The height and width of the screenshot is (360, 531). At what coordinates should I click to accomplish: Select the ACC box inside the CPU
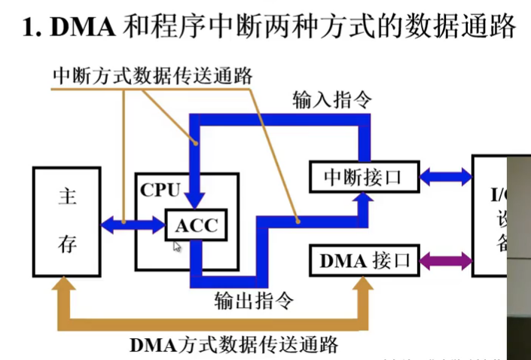point(196,225)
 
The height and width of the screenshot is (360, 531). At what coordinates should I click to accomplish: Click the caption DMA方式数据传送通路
point(233,346)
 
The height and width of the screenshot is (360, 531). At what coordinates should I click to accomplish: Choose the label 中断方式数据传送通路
point(152,76)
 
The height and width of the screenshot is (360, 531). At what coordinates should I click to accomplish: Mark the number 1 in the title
point(28,28)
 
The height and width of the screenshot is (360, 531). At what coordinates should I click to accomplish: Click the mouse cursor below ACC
point(178,246)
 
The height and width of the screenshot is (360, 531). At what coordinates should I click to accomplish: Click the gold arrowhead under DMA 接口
point(362,283)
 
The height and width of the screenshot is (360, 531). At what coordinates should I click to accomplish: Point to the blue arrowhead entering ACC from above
point(195,202)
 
